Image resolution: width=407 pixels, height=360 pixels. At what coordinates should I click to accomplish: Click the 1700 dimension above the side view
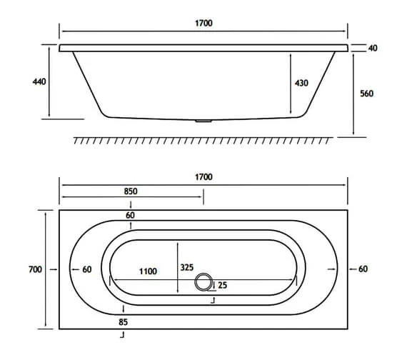click(203, 23)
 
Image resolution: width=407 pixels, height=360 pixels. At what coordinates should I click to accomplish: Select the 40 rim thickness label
click(373, 48)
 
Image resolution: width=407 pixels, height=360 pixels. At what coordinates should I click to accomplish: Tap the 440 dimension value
click(39, 81)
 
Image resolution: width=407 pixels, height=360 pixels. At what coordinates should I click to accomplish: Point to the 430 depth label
click(301, 83)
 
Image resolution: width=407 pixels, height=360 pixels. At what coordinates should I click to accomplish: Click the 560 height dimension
click(366, 94)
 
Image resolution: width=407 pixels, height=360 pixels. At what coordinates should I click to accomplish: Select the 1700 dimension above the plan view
click(203, 177)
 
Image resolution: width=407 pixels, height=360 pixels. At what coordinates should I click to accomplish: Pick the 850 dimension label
click(131, 191)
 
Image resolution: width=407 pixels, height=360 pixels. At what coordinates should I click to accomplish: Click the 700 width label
click(35, 269)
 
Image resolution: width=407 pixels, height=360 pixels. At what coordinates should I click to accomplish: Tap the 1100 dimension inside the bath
click(148, 271)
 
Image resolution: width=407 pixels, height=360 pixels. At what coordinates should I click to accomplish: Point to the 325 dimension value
click(187, 267)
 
